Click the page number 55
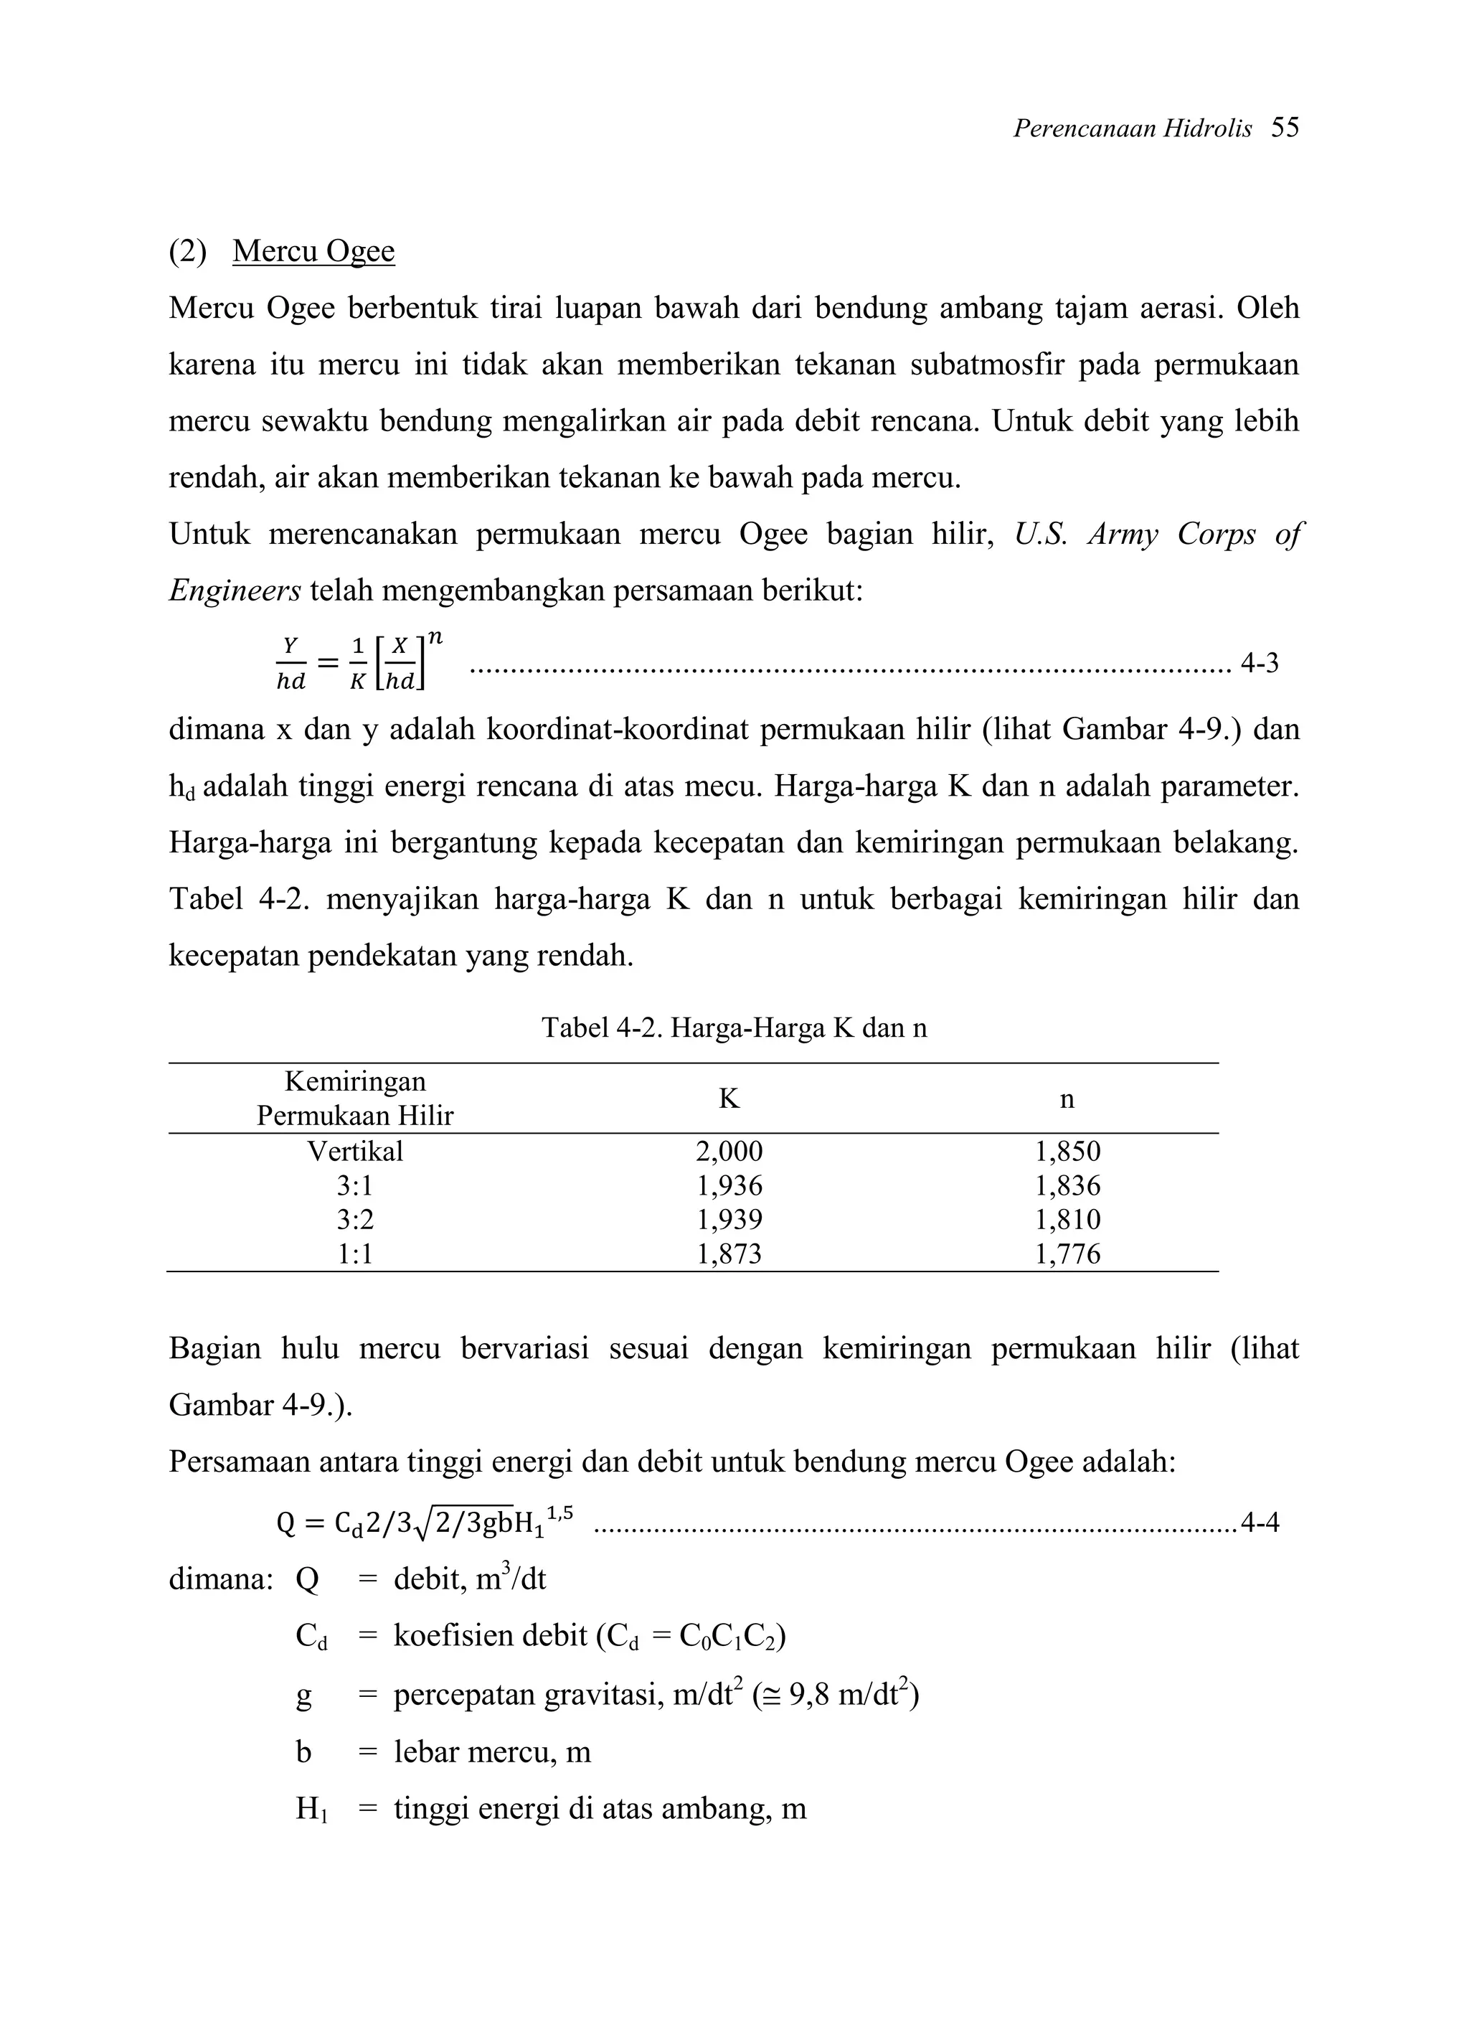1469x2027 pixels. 1284,128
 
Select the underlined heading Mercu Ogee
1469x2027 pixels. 313,251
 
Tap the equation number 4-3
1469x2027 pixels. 1259,663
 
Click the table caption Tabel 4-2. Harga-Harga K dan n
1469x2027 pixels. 734,1029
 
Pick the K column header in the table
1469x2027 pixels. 729,1099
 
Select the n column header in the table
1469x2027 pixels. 1067,1099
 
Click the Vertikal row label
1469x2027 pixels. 355,1151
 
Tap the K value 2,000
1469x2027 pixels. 729,1151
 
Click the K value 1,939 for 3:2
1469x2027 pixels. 729,1220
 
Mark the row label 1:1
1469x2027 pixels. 355,1254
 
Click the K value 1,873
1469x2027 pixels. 729,1254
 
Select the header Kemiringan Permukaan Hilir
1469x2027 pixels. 355,1099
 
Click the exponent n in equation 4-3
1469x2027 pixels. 435,636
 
